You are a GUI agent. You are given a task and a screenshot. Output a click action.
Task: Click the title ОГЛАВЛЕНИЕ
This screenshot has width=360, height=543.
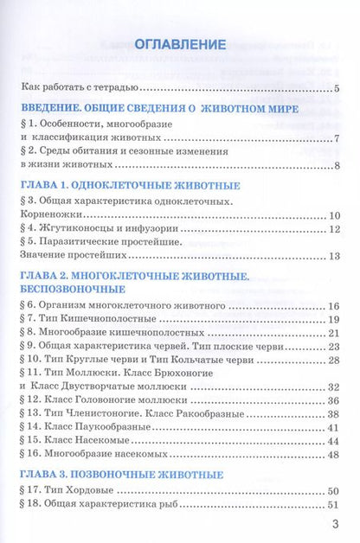[x=179, y=44]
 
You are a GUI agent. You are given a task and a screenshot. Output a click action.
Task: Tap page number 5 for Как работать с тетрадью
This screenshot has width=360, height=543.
[x=337, y=88]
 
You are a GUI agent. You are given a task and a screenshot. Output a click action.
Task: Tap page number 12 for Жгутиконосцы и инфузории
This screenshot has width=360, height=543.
[x=333, y=228]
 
